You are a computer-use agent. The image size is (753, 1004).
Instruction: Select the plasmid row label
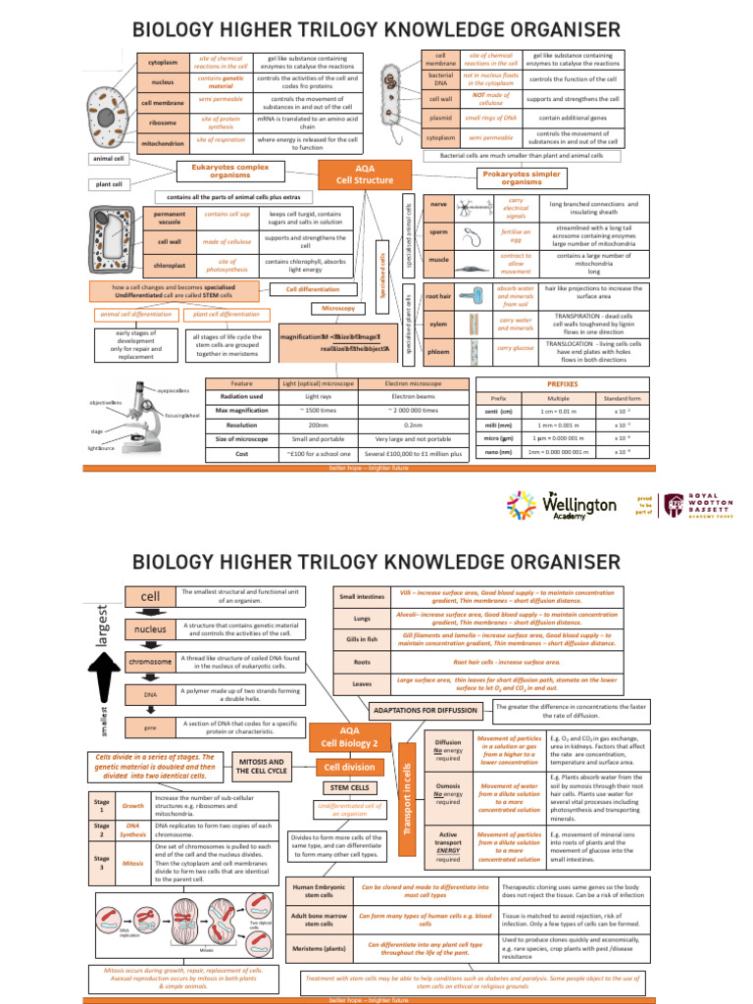point(441,118)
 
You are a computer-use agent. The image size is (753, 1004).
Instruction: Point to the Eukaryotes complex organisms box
point(230,171)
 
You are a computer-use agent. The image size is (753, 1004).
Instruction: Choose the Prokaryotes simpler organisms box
point(521,176)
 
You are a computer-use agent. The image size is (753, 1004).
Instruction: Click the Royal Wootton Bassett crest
point(676,505)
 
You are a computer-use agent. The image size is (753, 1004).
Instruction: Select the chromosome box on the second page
point(151,663)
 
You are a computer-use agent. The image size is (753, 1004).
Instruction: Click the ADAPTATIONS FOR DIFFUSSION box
point(427,709)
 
